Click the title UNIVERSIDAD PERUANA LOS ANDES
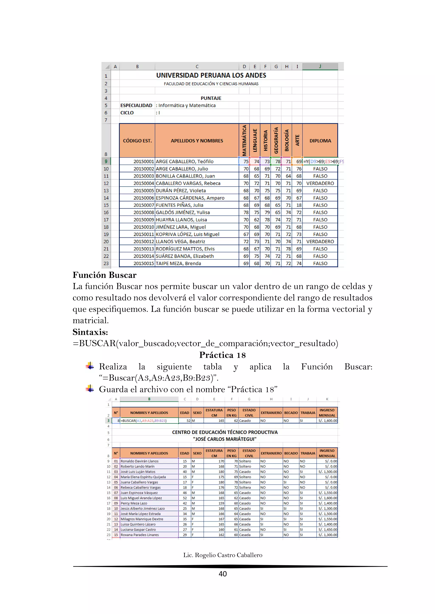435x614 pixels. click(211, 75)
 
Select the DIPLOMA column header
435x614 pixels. click(320, 141)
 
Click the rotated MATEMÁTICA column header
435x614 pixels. click(244, 140)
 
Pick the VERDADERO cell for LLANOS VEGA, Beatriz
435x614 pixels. click(320, 241)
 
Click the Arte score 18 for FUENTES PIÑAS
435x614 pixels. click(299, 205)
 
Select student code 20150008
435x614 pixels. click(144, 212)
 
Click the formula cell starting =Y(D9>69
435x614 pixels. click(323, 162)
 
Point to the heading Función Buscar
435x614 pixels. click(105, 275)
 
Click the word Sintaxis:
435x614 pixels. click(90, 332)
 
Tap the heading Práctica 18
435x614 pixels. click(222, 355)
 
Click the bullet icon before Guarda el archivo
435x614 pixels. click(90, 389)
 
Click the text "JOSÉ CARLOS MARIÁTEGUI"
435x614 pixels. click(225, 439)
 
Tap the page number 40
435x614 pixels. click(223, 574)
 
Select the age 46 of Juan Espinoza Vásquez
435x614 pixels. click(185, 493)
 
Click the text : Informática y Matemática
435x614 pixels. click(186, 105)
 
